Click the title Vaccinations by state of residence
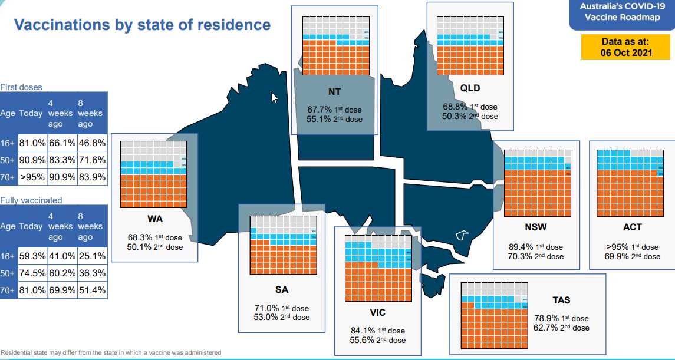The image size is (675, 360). click(x=142, y=25)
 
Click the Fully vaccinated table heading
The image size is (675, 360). click(x=31, y=200)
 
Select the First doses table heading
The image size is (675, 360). click(x=21, y=87)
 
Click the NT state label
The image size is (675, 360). click(x=334, y=92)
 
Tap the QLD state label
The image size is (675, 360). click(x=470, y=88)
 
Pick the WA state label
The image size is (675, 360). click(x=155, y=219)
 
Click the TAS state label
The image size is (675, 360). click(x=545, y=300)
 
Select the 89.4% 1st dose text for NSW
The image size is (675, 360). click(x=536, y=247)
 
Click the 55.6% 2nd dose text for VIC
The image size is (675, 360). click(x=378, y=340)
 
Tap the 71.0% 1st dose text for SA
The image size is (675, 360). click(x=281, y=308)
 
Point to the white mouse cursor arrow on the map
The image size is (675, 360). click(x=274, y=97)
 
